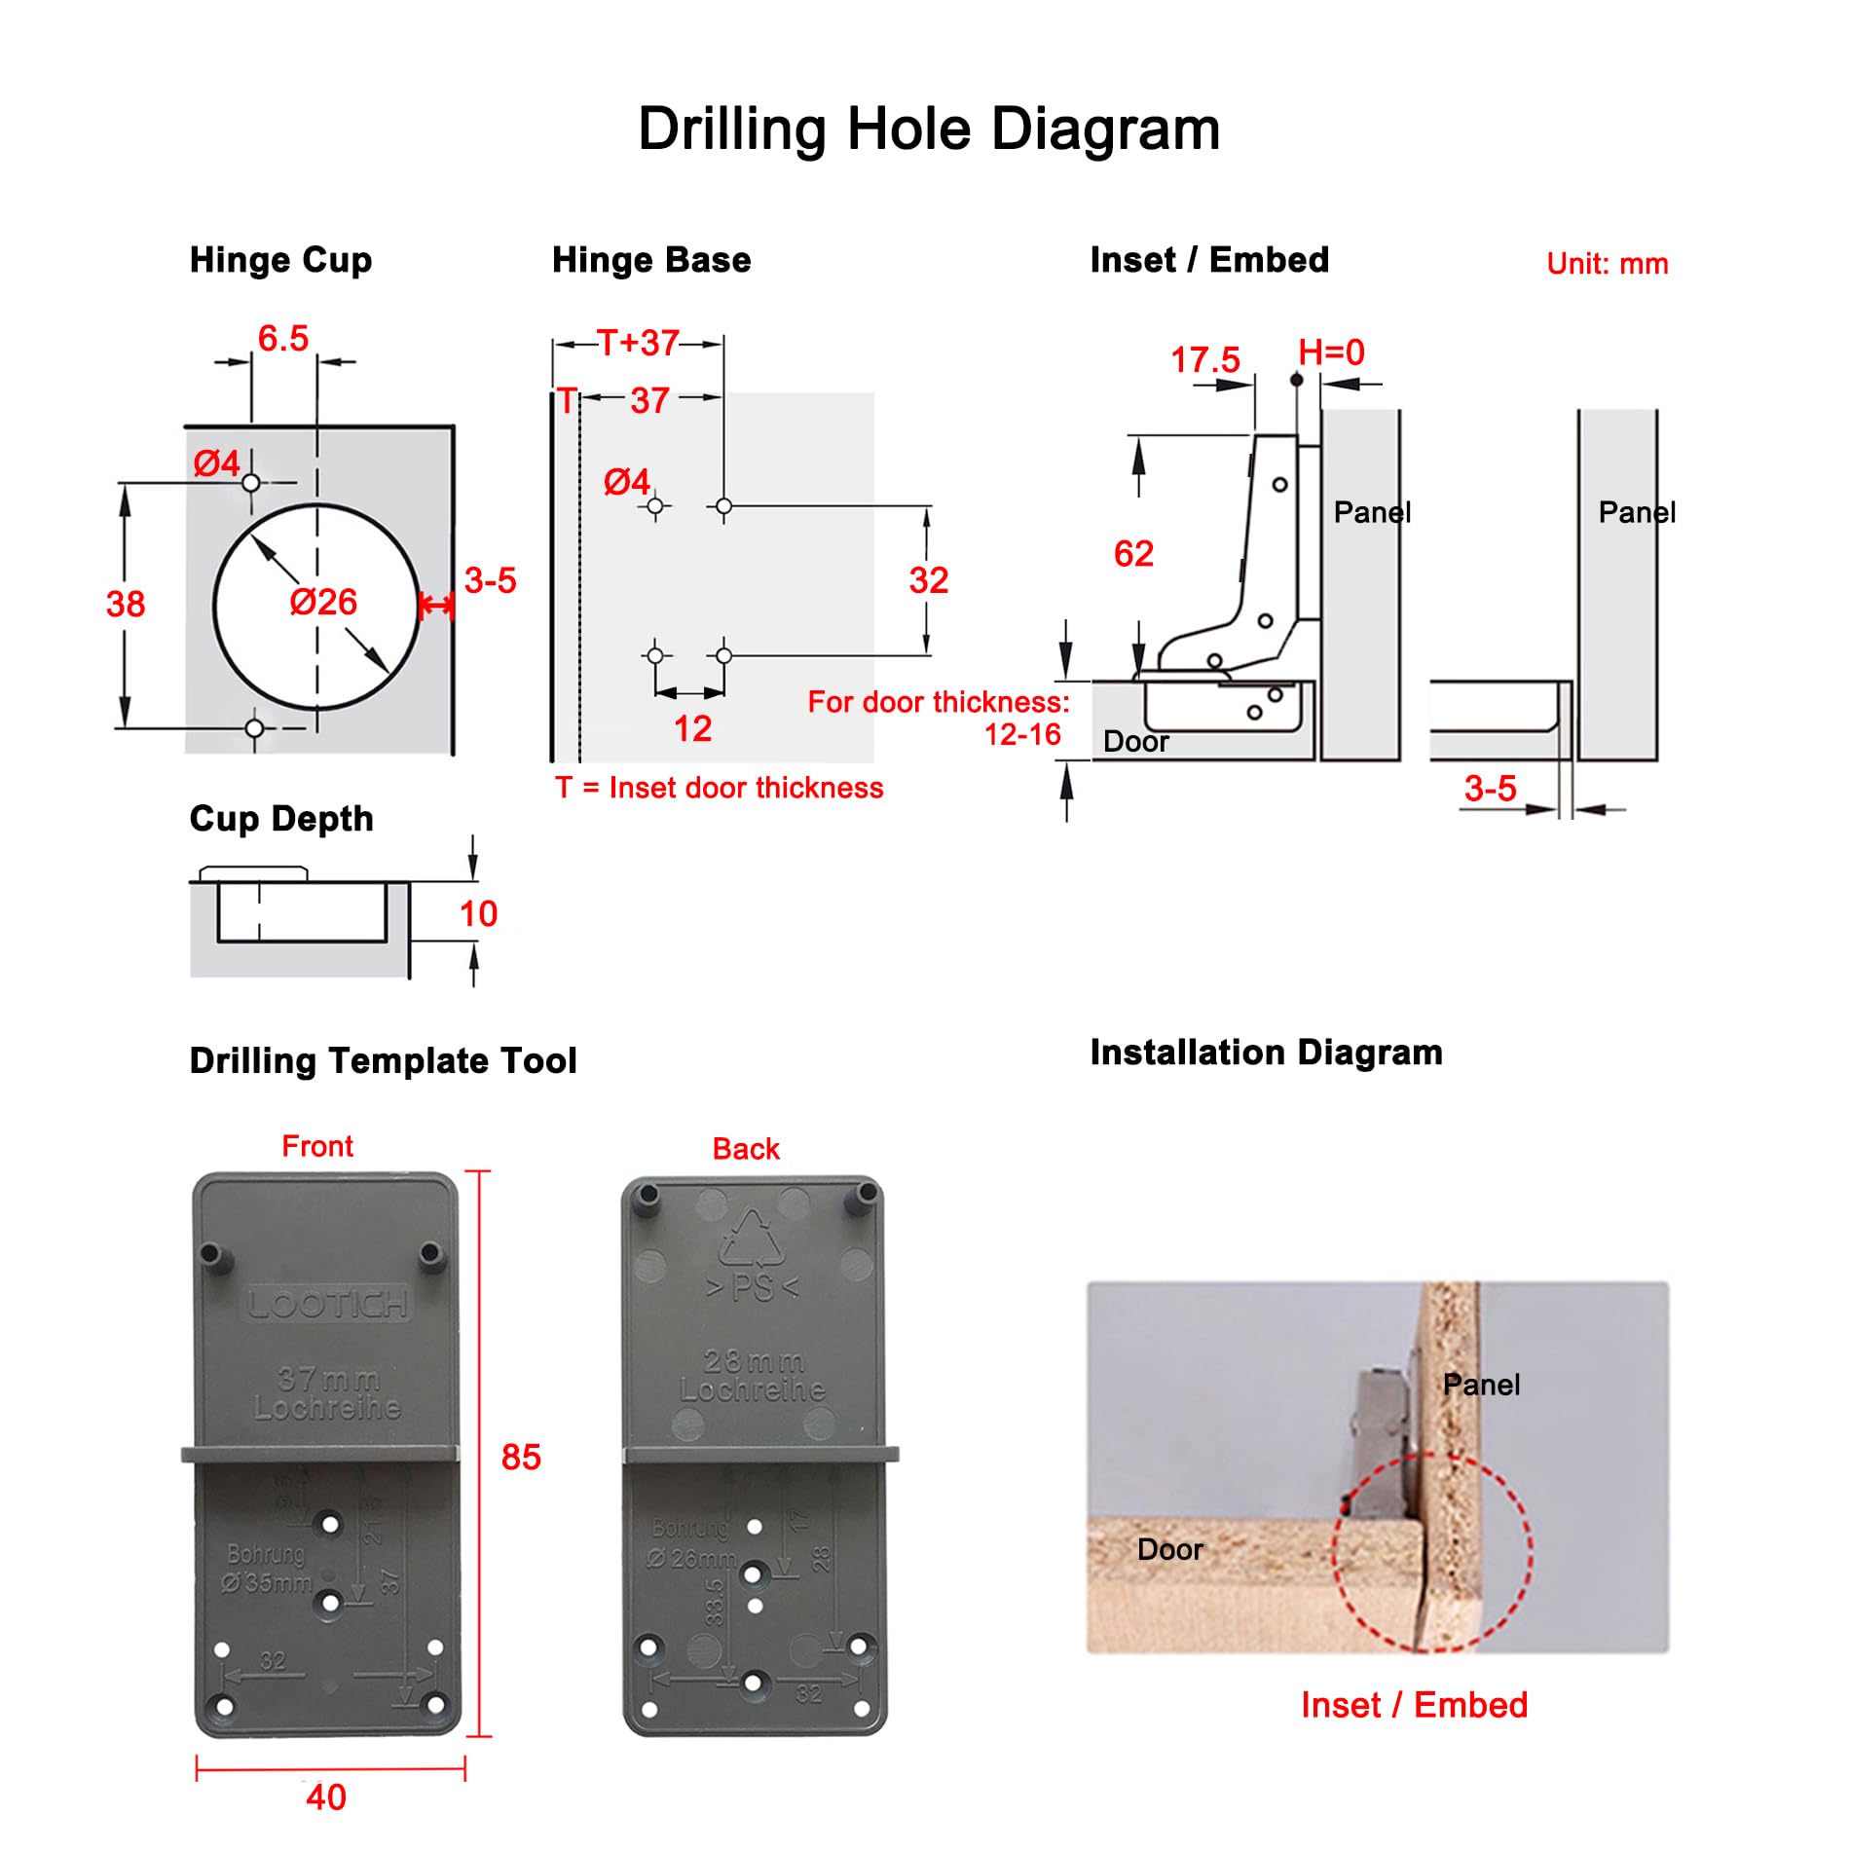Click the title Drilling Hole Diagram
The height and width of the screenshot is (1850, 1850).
point(928,129)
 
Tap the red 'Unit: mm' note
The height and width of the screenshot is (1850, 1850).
point(1607,264)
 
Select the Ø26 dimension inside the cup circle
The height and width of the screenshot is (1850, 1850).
point(323,602)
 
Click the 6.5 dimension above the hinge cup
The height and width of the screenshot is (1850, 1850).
point(282,339)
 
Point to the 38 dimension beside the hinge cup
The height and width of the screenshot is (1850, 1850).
point(126,604)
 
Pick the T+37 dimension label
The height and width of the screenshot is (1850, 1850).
point(638,343)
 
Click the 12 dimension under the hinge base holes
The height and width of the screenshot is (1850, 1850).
point(692,728)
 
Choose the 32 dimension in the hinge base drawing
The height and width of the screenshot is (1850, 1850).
point(928,580)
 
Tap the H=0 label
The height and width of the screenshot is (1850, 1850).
point(1331,352)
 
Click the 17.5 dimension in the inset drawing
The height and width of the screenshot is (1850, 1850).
point(1204,360)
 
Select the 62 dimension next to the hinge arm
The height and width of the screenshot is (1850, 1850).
point(1133,554)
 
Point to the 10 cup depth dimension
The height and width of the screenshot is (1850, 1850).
point(478,913)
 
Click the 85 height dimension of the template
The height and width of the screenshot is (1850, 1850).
point(521,1457)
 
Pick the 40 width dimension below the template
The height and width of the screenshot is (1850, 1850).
point(326,1796)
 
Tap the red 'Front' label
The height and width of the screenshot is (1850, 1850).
point(317,1146)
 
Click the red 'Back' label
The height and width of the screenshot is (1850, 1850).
point(746,1149)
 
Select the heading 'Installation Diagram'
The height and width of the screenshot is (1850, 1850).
point(1266,1053)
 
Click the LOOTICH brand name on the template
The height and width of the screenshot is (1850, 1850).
point(327,1304)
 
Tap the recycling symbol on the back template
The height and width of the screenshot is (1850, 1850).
point(751,1239)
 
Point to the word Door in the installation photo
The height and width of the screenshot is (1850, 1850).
point(1169,1549)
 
